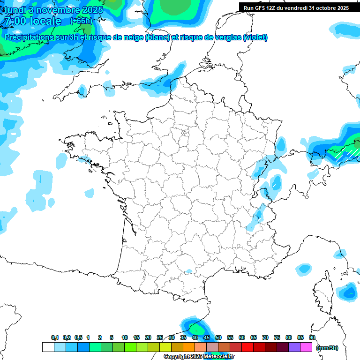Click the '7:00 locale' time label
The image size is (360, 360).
pos(31,21)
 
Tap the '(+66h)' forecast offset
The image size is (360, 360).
pos(81,21)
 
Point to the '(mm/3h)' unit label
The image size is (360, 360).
pos(327,348)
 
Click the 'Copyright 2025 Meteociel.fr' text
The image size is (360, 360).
pos(199,357)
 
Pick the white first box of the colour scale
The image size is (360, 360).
pos(48,347)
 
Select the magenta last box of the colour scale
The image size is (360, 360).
pos(306,347)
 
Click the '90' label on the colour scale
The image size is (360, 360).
pos(312,337)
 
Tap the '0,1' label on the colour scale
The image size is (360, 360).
pos(55,337)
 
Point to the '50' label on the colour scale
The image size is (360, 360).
pos(218,337)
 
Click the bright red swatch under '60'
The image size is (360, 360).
pos(247,347)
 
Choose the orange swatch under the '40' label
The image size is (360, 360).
pos(188,347)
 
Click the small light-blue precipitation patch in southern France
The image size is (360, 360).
pos(189,271)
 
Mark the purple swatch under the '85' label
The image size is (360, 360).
pos(294,347)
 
